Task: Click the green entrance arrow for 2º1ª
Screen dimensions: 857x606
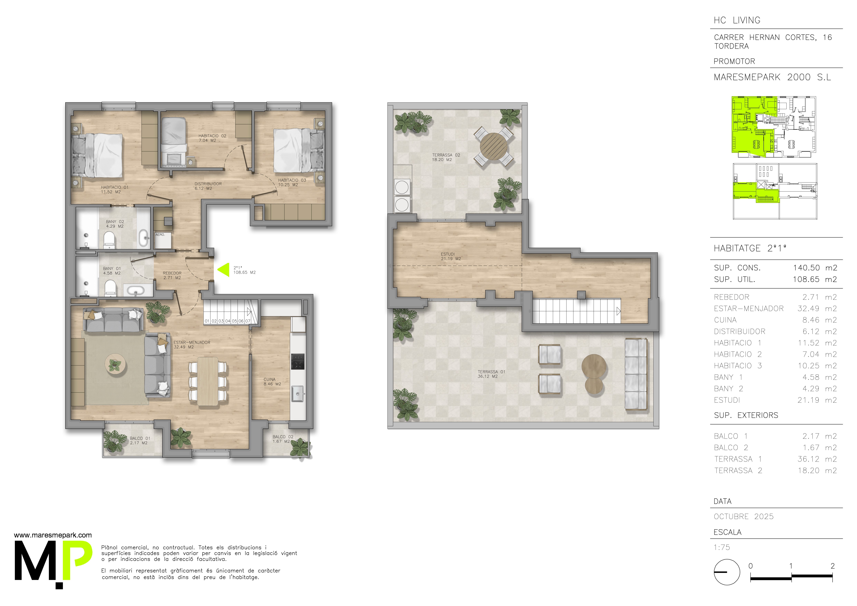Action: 224,270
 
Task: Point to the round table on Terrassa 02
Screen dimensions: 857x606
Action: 494,146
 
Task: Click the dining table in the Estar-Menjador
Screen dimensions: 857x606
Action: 208,381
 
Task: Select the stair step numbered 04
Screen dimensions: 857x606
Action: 228,321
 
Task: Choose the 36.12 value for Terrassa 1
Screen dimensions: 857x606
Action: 808,459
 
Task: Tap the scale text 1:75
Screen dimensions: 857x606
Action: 722,547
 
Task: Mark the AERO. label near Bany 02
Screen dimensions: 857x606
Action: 160,234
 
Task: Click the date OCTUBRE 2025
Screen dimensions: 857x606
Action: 744,516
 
